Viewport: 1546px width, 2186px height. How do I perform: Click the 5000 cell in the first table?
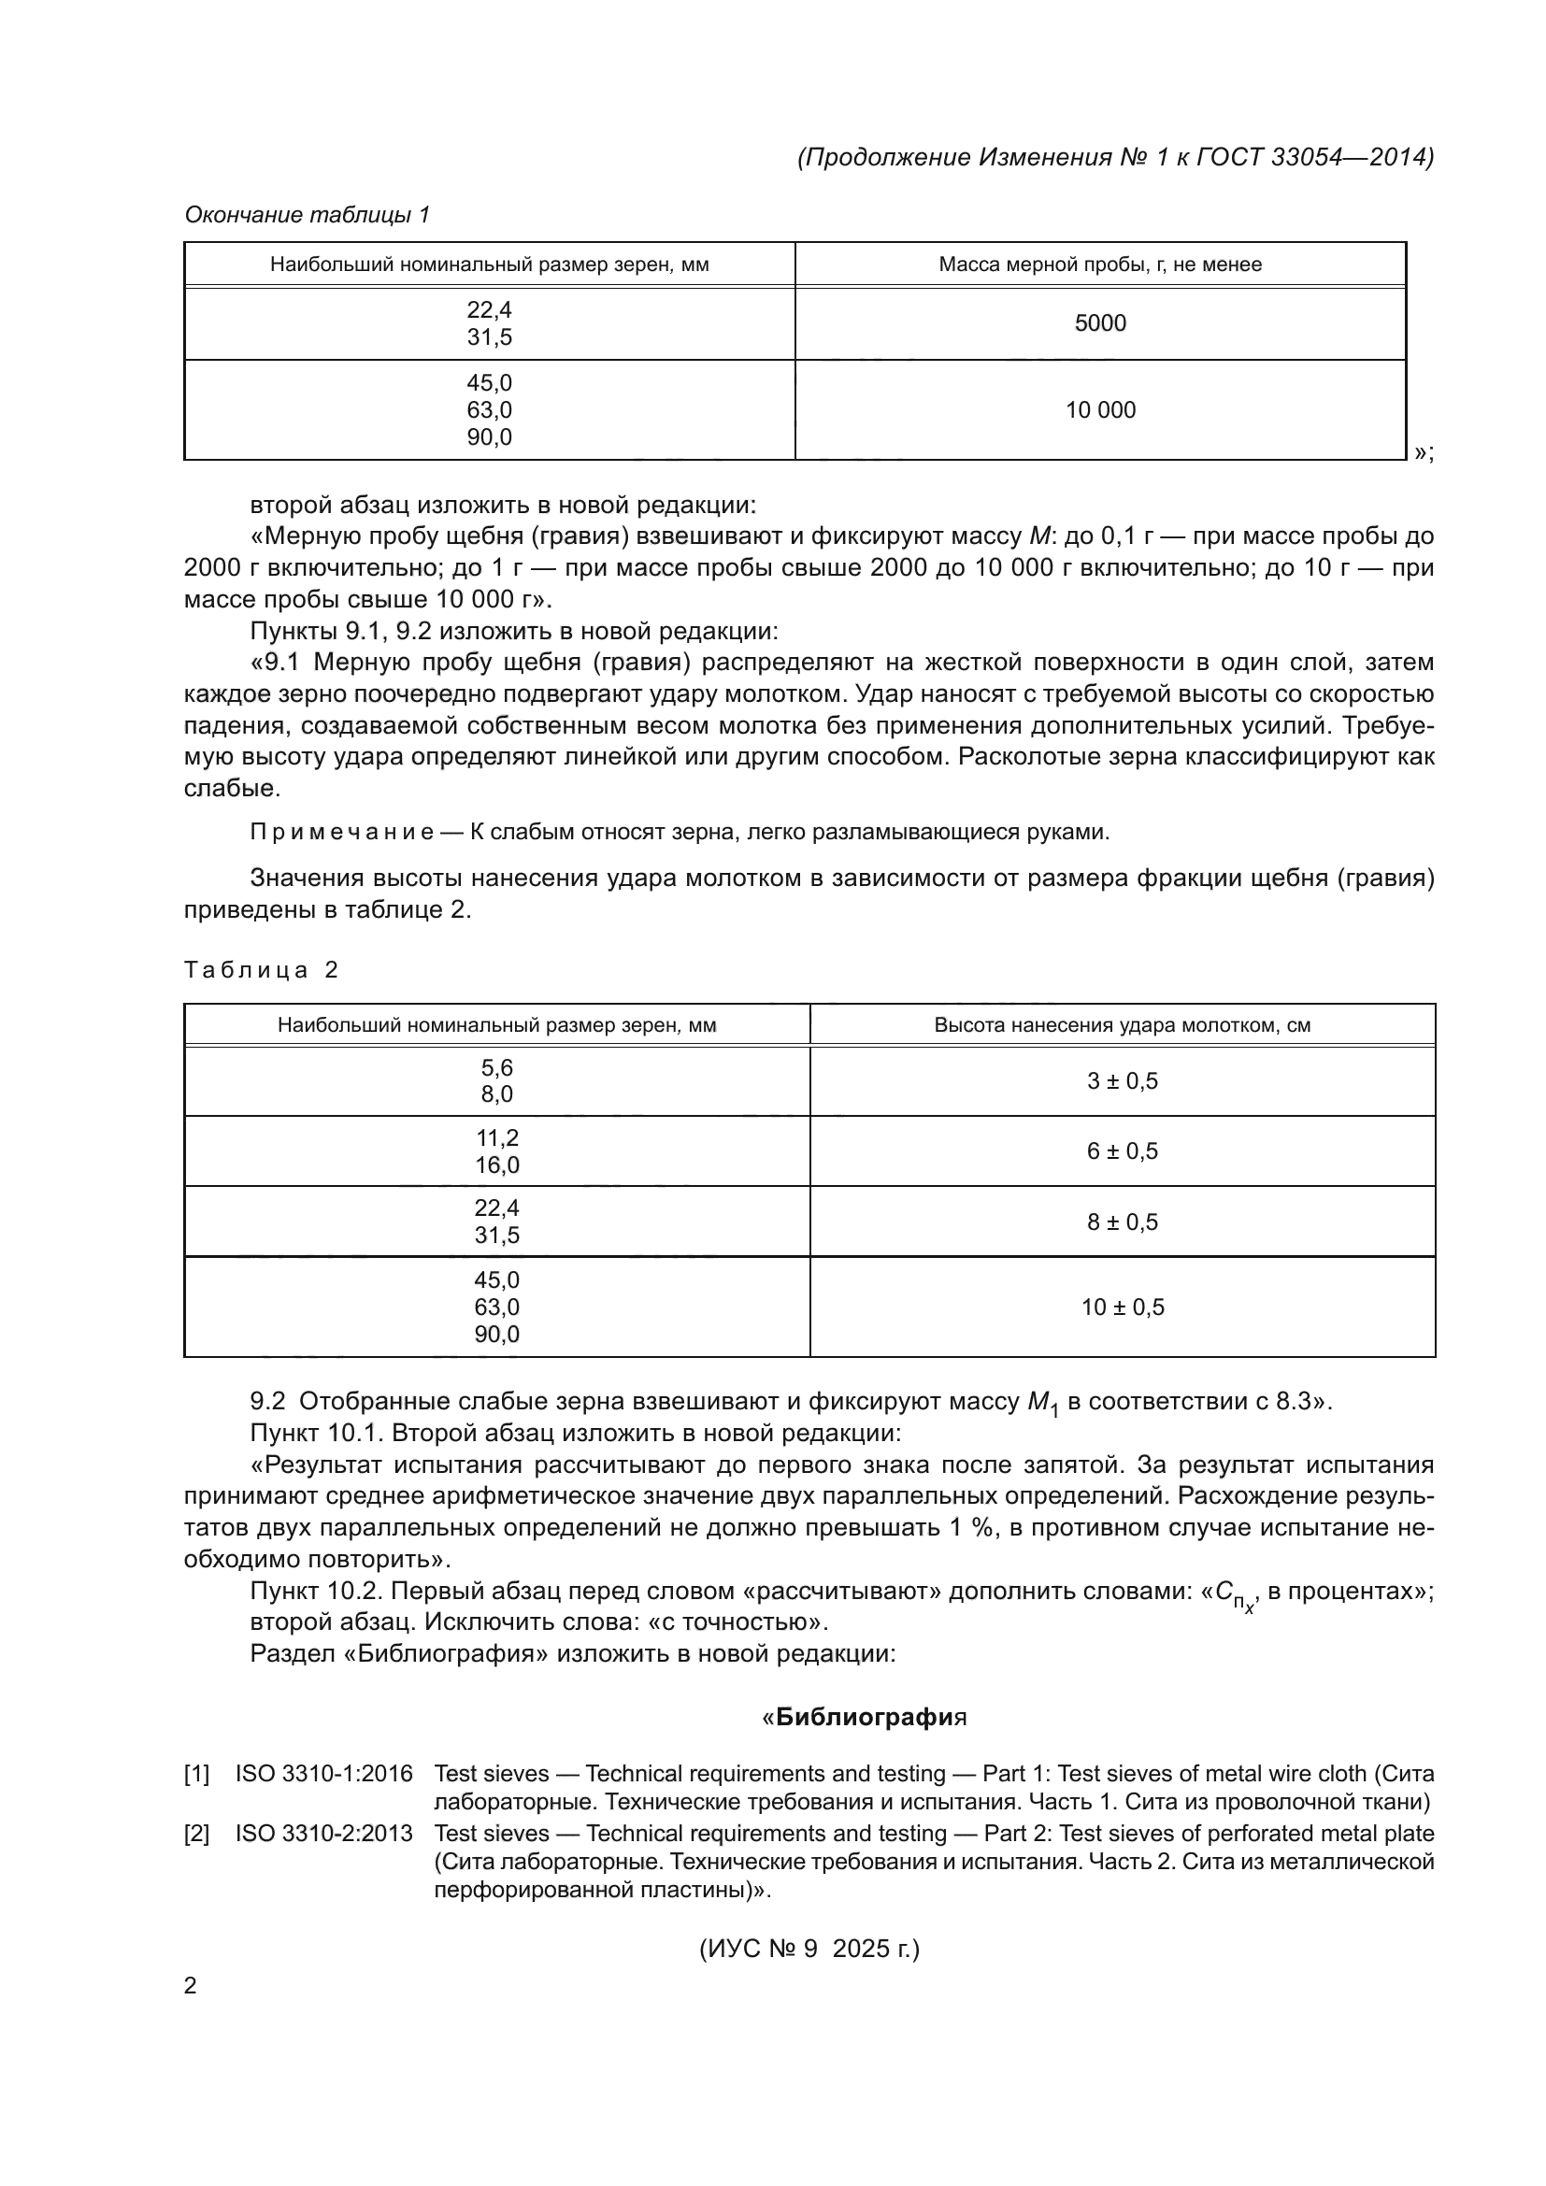click(x=1099, y=323)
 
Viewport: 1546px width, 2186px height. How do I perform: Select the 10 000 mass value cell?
click(x=1099, y=410)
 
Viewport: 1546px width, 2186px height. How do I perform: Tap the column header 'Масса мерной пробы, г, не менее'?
click(x=1099, y=264)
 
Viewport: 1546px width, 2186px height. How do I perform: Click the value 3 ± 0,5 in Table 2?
click(x=1123, y=1081)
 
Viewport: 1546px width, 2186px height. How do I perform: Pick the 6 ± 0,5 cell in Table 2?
click(x=1123, y=1151)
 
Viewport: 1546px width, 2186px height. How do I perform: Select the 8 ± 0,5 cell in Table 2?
click(x=1123, y=1222)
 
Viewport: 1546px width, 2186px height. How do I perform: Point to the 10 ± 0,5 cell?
click(x=1123, y=1307)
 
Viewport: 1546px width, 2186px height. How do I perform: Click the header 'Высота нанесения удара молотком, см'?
click(x=1123, y=1025)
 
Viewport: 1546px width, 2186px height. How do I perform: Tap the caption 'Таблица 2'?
click(x=261, y=970)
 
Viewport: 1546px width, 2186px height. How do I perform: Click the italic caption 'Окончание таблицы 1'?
click(x=307, y=215)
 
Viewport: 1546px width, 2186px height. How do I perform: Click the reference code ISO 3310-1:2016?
click(x=323, y=1774)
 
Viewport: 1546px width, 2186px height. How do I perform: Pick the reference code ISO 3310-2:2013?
click(x=323, y=1834)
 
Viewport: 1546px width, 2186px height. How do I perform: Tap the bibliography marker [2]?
click(x=196, y=1834)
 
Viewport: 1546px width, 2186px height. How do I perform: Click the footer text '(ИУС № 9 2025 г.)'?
click(x=809, y=1949)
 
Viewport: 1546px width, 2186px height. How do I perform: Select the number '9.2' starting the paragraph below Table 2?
click(x=267, y=1402)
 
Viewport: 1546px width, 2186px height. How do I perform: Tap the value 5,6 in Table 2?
click(x=497, y=1067)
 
